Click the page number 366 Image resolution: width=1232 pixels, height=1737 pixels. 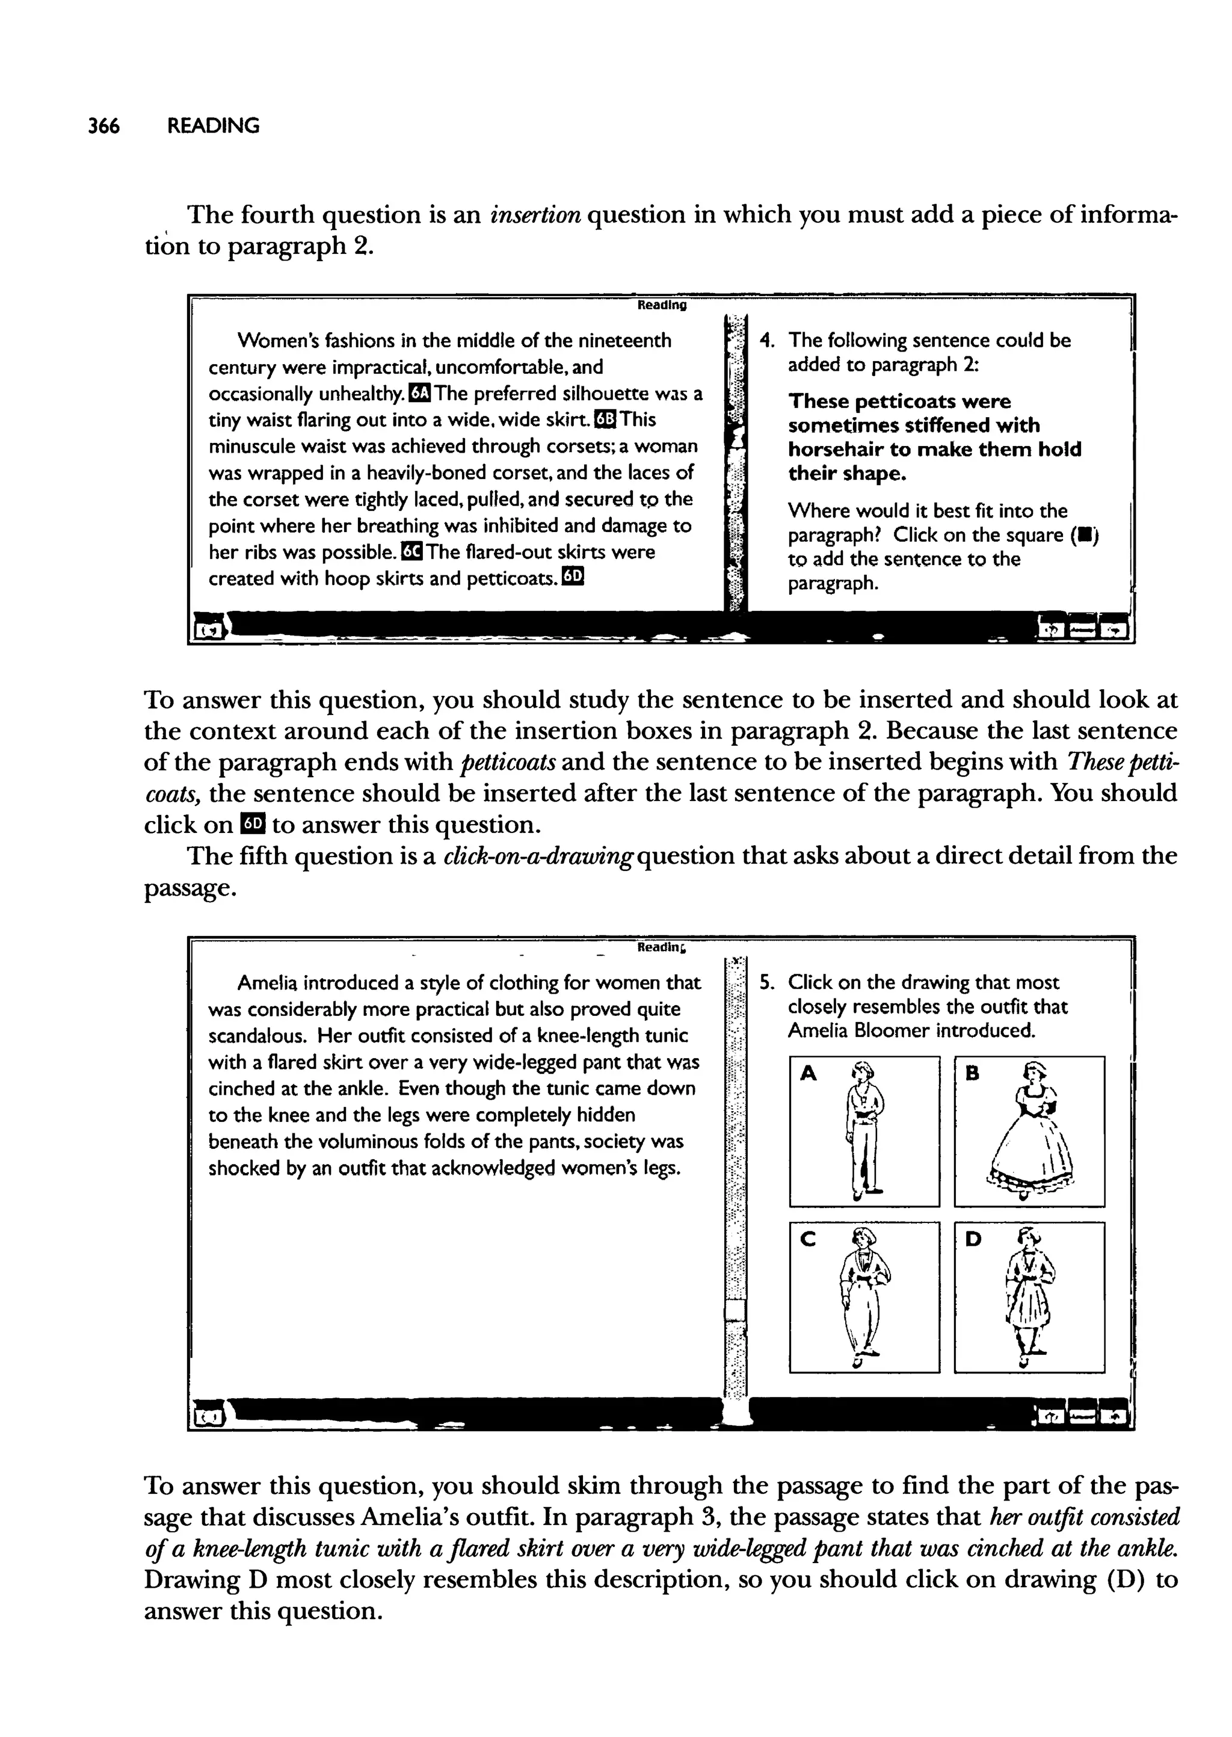(x=104, y=126)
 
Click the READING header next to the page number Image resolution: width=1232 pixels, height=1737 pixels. (x=213, y=126)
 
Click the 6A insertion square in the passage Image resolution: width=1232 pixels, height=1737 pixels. (x=418, y=393)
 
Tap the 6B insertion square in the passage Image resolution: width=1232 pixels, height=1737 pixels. (x=607, y=420)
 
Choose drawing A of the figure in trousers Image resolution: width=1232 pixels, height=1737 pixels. (x=864, y=1131)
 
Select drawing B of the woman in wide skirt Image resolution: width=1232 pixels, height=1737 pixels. (x=1029, y=1131)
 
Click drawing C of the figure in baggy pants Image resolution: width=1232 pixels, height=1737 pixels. (x=864, y=1297)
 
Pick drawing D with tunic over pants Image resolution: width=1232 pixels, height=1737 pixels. (x=1029, y=1297)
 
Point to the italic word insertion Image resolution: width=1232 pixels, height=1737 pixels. (x=535, y=215)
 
